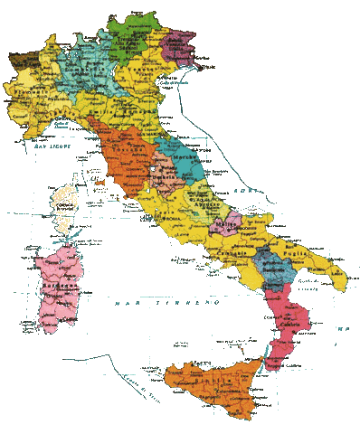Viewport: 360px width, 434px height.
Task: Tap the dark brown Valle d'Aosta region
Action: [22, 62]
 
